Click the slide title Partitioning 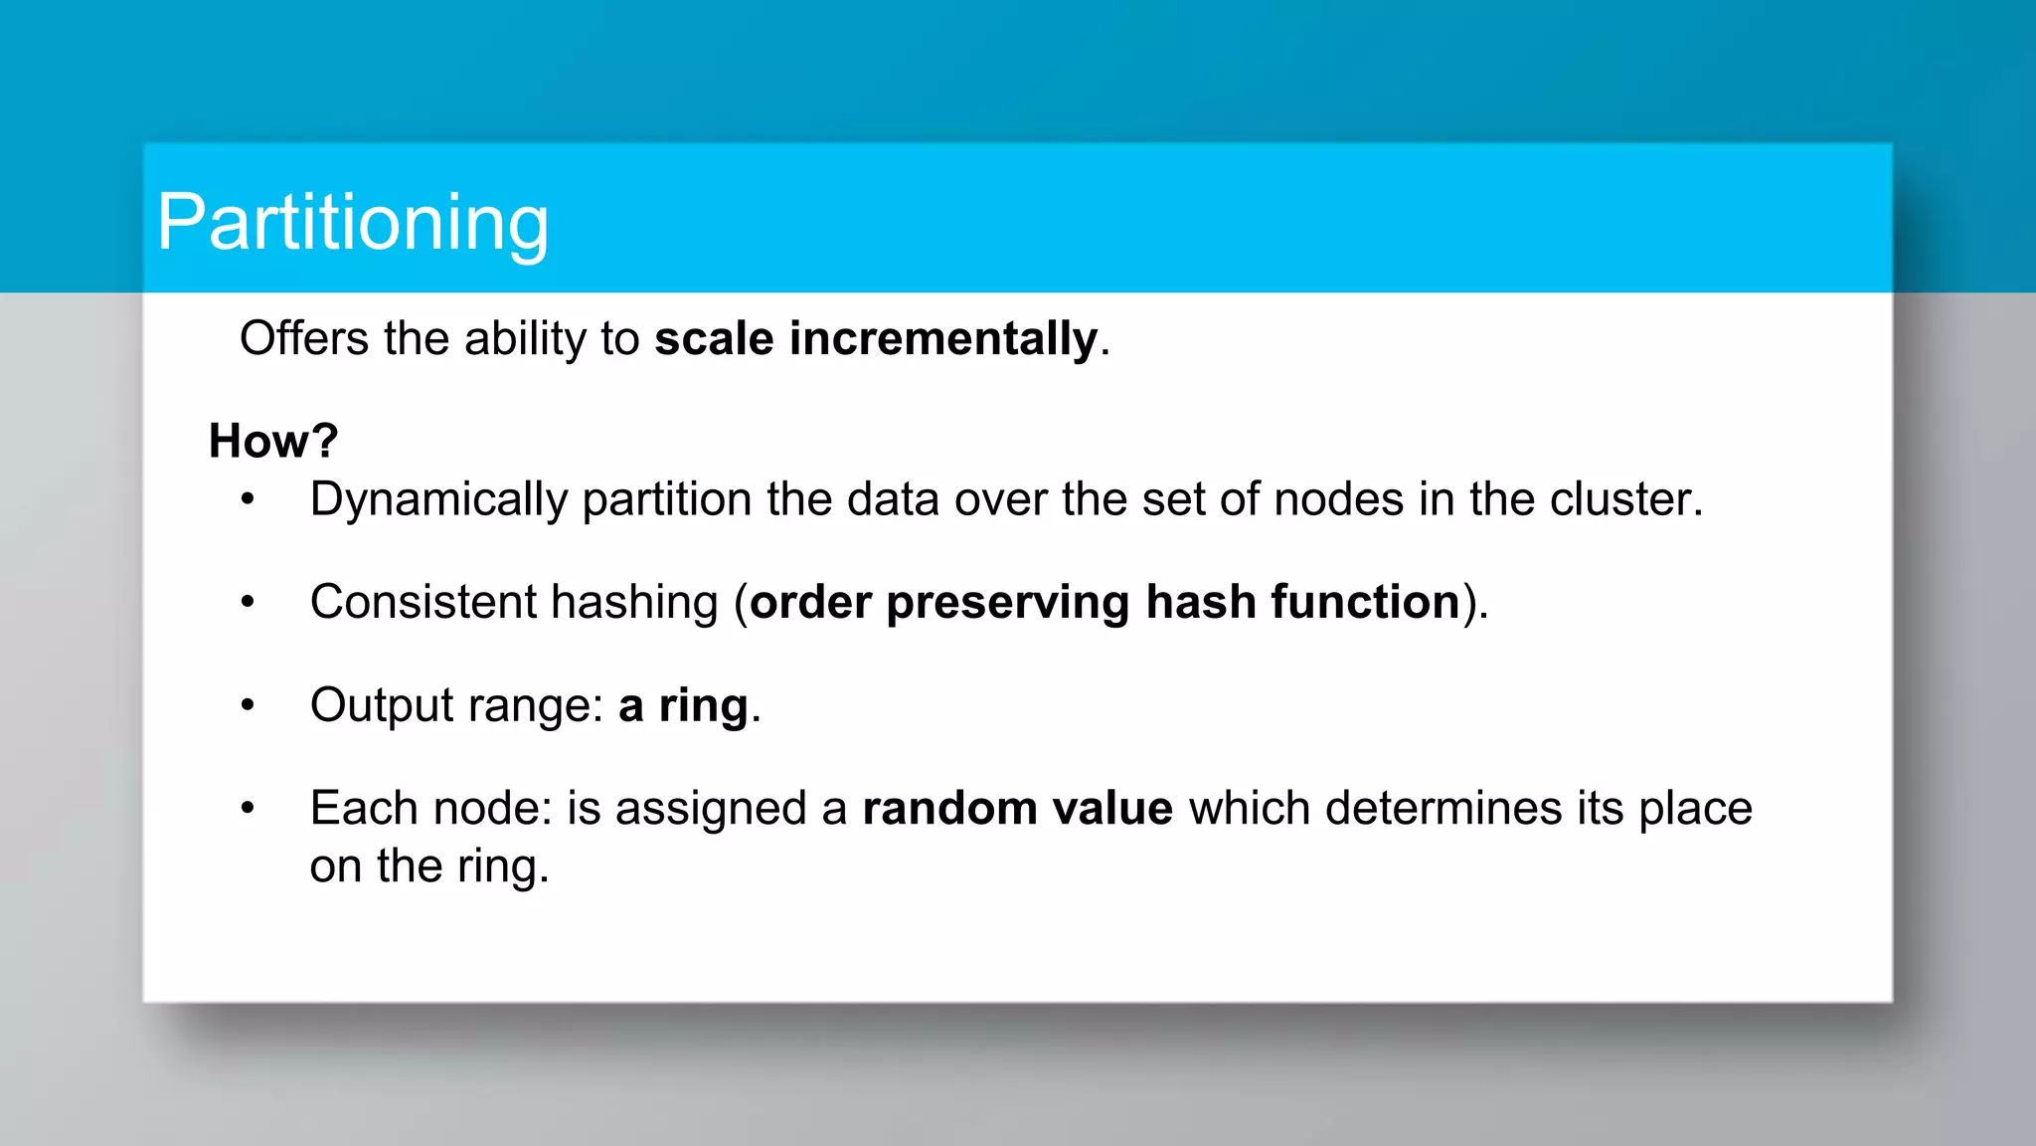(352, 223)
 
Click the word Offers (304, 338)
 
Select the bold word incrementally (942, 338)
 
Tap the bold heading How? (273, 441)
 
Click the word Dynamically (438, 499)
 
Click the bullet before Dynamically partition (248, 499)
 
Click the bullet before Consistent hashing (248, 602)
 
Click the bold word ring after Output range (703, 706)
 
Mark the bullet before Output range (248, 705)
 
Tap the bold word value (1112, 808)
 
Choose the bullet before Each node (248, 808)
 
